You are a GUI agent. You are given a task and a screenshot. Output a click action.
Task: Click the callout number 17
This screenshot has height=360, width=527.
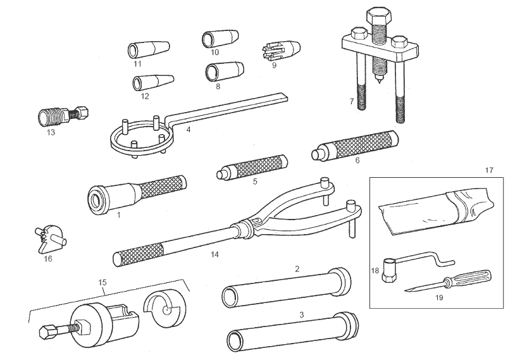tap(488, 170)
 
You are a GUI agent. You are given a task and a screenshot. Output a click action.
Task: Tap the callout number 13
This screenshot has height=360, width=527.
tap(51, 133)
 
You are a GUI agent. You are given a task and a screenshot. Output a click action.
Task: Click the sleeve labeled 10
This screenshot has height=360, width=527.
tap(218, 39)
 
